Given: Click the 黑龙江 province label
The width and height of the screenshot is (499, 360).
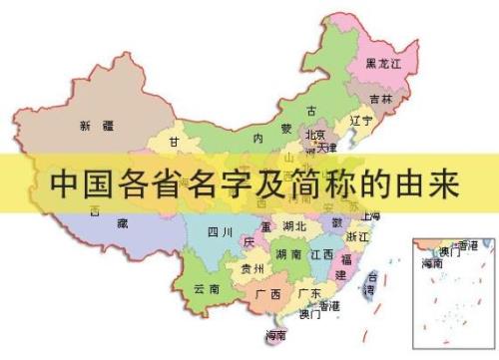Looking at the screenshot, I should [383, 63].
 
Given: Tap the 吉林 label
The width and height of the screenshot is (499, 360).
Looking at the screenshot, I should [380, 99].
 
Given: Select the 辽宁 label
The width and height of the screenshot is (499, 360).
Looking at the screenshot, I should [360, 121].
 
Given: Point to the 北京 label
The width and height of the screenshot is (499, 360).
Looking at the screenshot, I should [315, 135].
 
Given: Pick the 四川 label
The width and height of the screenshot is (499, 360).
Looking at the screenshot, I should [220, 232].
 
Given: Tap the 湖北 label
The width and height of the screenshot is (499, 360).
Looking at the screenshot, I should [294, 226].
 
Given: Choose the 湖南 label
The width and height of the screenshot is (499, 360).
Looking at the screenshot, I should [289, 254].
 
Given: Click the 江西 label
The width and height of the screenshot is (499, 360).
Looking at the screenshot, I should [321, 254].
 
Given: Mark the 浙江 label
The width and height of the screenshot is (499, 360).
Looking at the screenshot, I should [356, 237].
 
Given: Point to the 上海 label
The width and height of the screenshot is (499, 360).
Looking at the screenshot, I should [370, 215].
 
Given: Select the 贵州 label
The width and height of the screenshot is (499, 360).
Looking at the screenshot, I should [252, 268].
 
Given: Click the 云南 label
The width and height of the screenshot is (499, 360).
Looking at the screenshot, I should [207, 288].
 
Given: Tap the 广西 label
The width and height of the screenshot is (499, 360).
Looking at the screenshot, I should [267, 294].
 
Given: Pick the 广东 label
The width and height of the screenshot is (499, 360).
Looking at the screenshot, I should [309, 293].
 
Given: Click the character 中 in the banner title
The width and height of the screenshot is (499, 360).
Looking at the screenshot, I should [64, 183].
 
